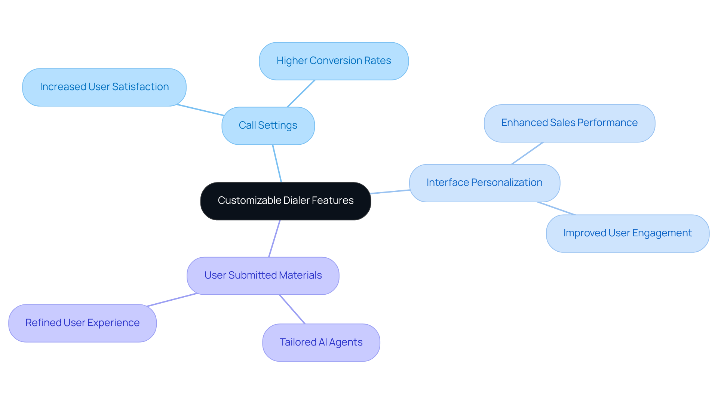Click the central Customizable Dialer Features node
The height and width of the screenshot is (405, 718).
pos(285,201)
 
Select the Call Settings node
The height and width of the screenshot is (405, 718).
pos(268,126)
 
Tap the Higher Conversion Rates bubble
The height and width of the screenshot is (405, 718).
pos(334,61)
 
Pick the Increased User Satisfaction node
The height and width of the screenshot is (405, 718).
pos(104,87)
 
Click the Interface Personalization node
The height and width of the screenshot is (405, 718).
pos(484,183)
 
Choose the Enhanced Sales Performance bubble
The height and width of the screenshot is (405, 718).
pos(569,123)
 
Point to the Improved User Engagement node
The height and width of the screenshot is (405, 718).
pos(627,233)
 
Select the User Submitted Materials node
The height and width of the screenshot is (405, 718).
pos(263,276)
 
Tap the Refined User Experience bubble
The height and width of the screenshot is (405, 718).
pos(82,323)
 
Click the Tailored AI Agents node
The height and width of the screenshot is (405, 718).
pos(321,343)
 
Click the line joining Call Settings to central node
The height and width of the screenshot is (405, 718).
pos(277,164)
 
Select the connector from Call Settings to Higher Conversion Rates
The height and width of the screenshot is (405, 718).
pos(301,93)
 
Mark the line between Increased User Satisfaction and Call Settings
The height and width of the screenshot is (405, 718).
pos(200,110)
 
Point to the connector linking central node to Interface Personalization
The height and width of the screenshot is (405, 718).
pos(390,192)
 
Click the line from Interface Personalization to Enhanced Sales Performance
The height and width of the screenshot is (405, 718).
pos(527,153)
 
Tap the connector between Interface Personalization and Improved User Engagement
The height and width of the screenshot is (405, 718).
pos(556,208)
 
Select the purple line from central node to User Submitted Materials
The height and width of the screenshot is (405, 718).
pos(274,239)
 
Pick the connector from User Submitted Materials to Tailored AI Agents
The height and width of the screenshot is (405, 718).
pos(292,309)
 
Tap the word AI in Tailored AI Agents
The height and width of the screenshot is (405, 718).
pos(323,342)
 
